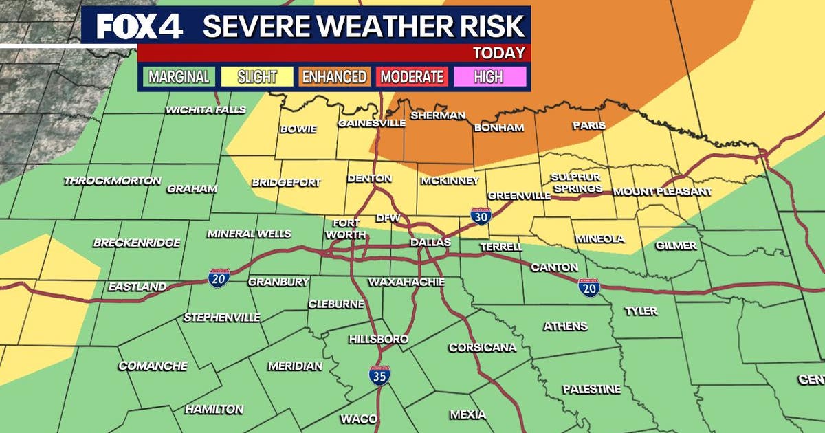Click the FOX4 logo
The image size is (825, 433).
tap(140, 25)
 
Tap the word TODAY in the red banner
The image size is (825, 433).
tap(499, 53)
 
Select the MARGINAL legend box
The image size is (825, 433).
tap(179, 76)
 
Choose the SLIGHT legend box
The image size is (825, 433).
tap(256, 76)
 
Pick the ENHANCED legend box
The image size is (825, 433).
tap(335, 76)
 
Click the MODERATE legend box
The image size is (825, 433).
tap(412, 76)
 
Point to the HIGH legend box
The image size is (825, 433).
tap(488, 76)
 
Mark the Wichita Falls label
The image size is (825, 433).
tap(197, 110)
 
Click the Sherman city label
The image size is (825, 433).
tap(438, 115)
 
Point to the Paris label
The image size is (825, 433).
tap(588, 125)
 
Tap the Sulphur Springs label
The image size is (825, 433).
tap(576, 183)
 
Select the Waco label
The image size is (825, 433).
tap(358, 419)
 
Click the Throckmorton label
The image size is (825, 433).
tap(112, 181)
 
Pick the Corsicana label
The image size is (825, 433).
tap(482, 347)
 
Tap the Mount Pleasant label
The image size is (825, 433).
tap(662, 191)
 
